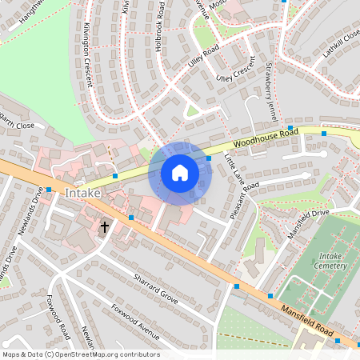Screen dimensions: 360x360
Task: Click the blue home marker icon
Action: point(180,173)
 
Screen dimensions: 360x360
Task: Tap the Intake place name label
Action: point(83,194)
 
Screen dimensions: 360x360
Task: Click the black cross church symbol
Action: point(104,227)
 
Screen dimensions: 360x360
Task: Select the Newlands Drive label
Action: point(28,211)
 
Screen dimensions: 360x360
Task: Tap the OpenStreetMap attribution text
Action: point(80,354)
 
